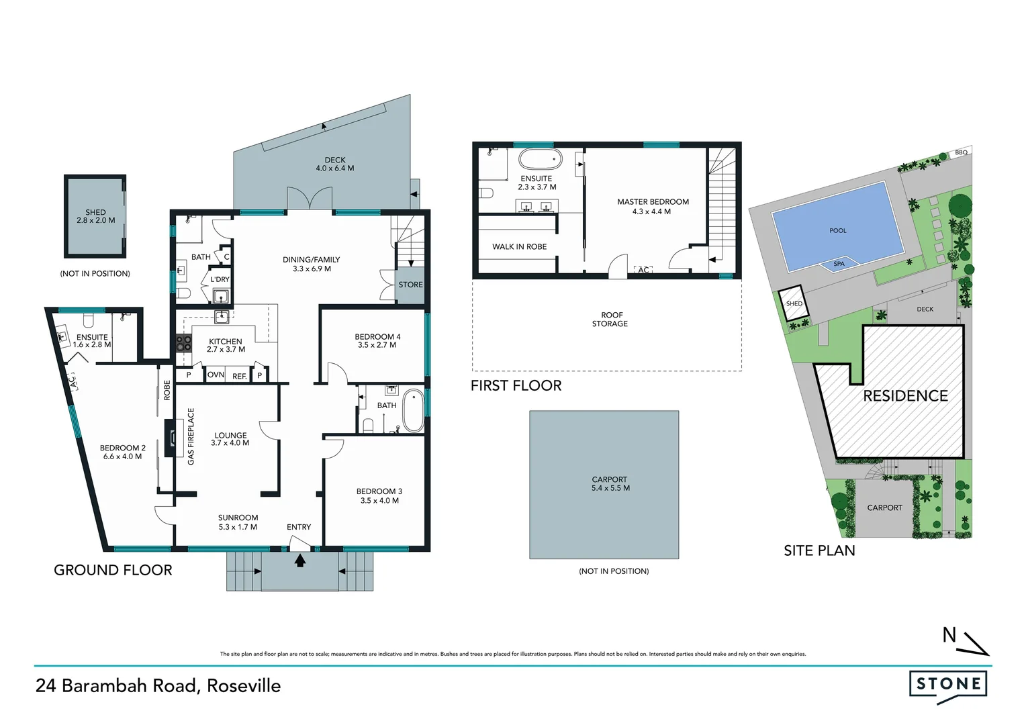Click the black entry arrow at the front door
pos(300,560)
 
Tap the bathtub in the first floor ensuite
pos(541,160)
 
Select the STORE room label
pos(410,285)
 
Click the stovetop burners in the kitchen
pos(183,343)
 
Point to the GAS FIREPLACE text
pos(191,436)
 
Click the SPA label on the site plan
pos(839,264)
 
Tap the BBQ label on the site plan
pos(962,152)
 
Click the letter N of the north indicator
pos(949,634)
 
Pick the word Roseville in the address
pos(244,685)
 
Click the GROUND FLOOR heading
pos(113,570)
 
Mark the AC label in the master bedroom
pos(643,270)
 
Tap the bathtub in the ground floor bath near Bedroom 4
pos(413,410)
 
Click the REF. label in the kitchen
pos(240,376)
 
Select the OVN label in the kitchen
pos(216,375)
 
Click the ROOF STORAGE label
pos(610,319)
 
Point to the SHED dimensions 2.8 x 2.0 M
pos(95,220)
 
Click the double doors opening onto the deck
pos(310,199)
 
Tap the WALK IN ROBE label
pos(519,246)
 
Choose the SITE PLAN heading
pos(819,550)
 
